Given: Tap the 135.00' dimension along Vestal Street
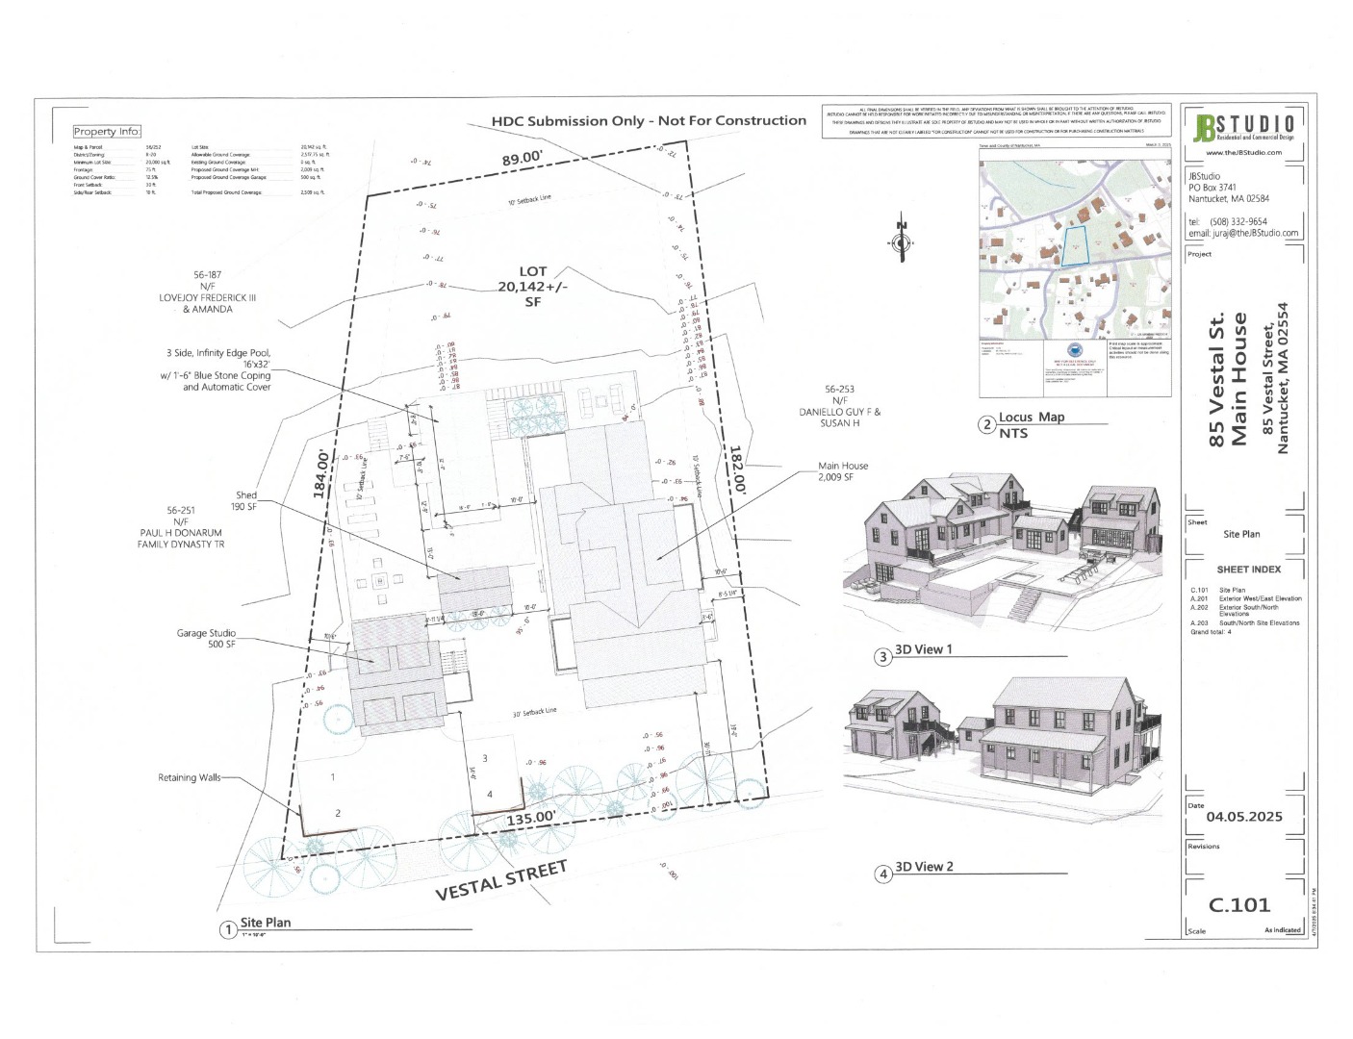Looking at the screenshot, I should click(531, 817).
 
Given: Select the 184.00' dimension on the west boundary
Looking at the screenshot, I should click(320, 473).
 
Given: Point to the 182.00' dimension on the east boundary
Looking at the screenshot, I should click(737, 469).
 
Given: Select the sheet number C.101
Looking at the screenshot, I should click(1239, 904).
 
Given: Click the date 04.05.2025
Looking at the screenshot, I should click(1244, 817).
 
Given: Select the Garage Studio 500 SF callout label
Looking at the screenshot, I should click(206, 639).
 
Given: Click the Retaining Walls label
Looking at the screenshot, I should click(191, 777).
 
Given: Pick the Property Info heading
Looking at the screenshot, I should click(107, 132).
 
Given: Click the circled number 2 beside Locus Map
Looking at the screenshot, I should click(986, 424).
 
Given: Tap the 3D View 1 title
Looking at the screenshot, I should click(923, 649).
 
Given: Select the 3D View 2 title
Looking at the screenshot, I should click(923, 867).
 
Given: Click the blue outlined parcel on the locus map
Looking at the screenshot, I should click(1071, 246).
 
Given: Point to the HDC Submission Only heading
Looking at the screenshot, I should click(648, 121).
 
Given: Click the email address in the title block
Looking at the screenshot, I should click(1242, 233).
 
